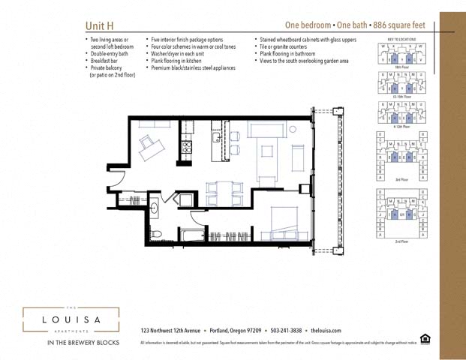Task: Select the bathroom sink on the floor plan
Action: [x=155, y=207]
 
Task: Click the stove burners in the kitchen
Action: [x=186, y=147]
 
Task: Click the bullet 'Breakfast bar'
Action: [x=107, y=61]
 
